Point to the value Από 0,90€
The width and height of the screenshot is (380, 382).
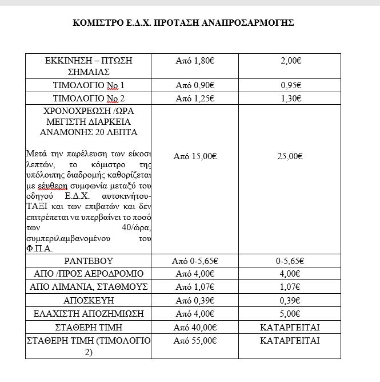tap(194, 85)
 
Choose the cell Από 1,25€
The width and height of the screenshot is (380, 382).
tap(194, 99)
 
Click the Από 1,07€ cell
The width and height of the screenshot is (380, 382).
tap(194, 286)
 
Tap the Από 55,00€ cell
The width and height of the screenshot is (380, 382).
tap(194, 340)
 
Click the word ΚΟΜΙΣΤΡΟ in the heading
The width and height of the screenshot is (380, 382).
tap(95, 23)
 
